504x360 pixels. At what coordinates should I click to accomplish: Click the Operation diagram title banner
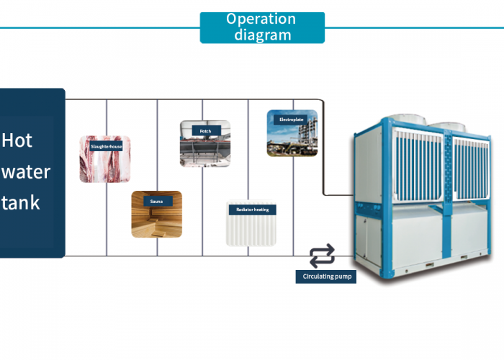[262, 27]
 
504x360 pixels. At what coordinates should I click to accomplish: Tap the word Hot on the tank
[18, 140]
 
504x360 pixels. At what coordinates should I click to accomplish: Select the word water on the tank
[26, 171]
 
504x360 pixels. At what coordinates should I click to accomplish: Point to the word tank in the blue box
[21, 202]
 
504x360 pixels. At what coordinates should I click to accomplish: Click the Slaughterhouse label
[107, 147]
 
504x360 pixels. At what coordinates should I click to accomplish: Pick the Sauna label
[156, 202]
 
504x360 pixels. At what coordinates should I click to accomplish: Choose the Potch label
[205, 131]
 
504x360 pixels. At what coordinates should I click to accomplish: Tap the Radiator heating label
[252, 210]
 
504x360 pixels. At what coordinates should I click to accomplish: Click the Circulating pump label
[325, 276]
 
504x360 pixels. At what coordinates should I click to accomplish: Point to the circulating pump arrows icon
[322, 255]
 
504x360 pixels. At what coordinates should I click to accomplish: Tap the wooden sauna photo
[156, 222]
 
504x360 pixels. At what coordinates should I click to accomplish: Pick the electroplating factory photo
[292, 140]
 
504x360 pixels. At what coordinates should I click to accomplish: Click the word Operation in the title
[261, 19]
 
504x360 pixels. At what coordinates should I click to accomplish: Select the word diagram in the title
[262, 35]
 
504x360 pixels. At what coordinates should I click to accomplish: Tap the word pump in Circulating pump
[343, 276]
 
